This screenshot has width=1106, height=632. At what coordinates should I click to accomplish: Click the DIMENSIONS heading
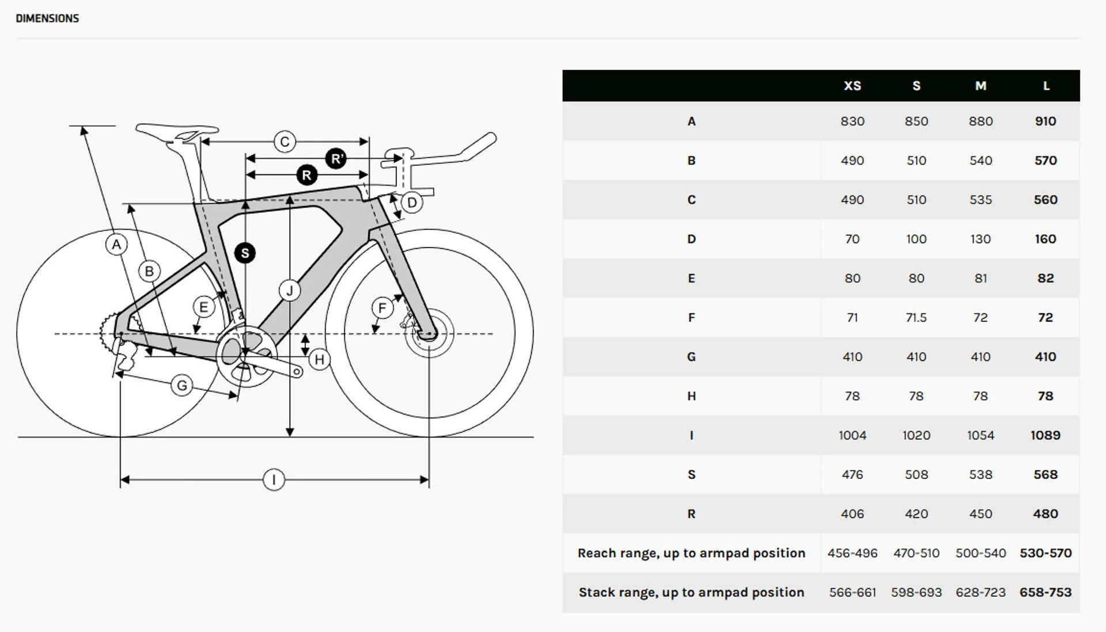click(x=47, y=18)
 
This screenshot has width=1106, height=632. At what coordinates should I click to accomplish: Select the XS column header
click(x=852, y=86)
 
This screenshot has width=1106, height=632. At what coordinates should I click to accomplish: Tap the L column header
click(x=1046, y=86)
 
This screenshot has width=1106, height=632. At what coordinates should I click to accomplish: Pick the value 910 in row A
click(x=1046, y=121)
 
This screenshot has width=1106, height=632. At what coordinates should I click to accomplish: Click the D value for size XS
click(x=852, y=239)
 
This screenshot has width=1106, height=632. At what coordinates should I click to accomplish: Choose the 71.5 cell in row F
click(x=916, y=318)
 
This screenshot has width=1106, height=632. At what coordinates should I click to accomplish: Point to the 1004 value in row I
click(x=852, y=435)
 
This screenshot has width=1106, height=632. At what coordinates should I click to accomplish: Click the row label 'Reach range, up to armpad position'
click(x=691, y=553)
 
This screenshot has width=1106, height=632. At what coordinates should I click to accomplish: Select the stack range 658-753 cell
click(x=1046, y=592)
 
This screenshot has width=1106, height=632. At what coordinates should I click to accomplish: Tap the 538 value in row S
click(x=980, y=474)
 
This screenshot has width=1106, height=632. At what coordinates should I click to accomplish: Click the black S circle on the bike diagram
click(x=245, y=253)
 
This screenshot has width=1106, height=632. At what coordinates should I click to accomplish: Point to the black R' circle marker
click(x=336, y=158)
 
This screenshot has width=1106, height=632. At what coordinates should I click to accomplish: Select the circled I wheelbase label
click(x=274, y=479)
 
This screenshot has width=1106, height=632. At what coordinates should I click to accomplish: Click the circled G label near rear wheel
click(x=182, y=385)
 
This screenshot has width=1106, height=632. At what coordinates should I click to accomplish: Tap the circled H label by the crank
click(x=319, y=360)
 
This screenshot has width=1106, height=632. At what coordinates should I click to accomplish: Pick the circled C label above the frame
click(x=285, y=142)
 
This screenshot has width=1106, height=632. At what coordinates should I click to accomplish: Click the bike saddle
click(x=176, y=130)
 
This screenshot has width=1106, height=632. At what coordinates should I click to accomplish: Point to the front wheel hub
click(x=429, y=333)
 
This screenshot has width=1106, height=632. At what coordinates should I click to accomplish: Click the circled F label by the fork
click(x=382, y=308)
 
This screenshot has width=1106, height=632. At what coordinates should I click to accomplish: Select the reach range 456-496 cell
click(x=852, y=553)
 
